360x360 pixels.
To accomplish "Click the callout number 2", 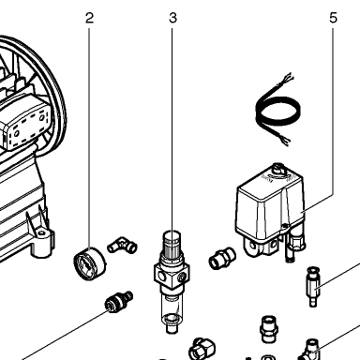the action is coord(89,18).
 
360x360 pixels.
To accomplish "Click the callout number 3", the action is coord(172,18).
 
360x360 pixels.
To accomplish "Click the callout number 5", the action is coord(334,18).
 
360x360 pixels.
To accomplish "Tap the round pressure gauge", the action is coord(90,263).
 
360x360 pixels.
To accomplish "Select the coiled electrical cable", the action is coord(277,110).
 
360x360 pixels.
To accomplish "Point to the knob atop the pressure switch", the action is coord(278,170).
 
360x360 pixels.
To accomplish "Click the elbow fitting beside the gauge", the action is coord(122,245).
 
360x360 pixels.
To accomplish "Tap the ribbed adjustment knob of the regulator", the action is coord(172,245).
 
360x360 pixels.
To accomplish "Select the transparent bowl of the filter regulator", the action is coord(171,307).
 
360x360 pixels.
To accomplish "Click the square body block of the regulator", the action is coord(172,274).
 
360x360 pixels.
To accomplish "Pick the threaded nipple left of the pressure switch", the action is coord(222,258).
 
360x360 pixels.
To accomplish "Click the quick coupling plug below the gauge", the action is coord(119,301).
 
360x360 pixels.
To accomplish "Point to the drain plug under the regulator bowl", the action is coord(171,328).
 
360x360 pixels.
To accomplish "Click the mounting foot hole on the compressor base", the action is coord(41,233).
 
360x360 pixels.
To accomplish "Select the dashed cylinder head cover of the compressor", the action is coord(26,124).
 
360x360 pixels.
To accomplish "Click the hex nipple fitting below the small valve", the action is coord(269,329).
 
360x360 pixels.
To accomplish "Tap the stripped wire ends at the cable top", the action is coord(287,79).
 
